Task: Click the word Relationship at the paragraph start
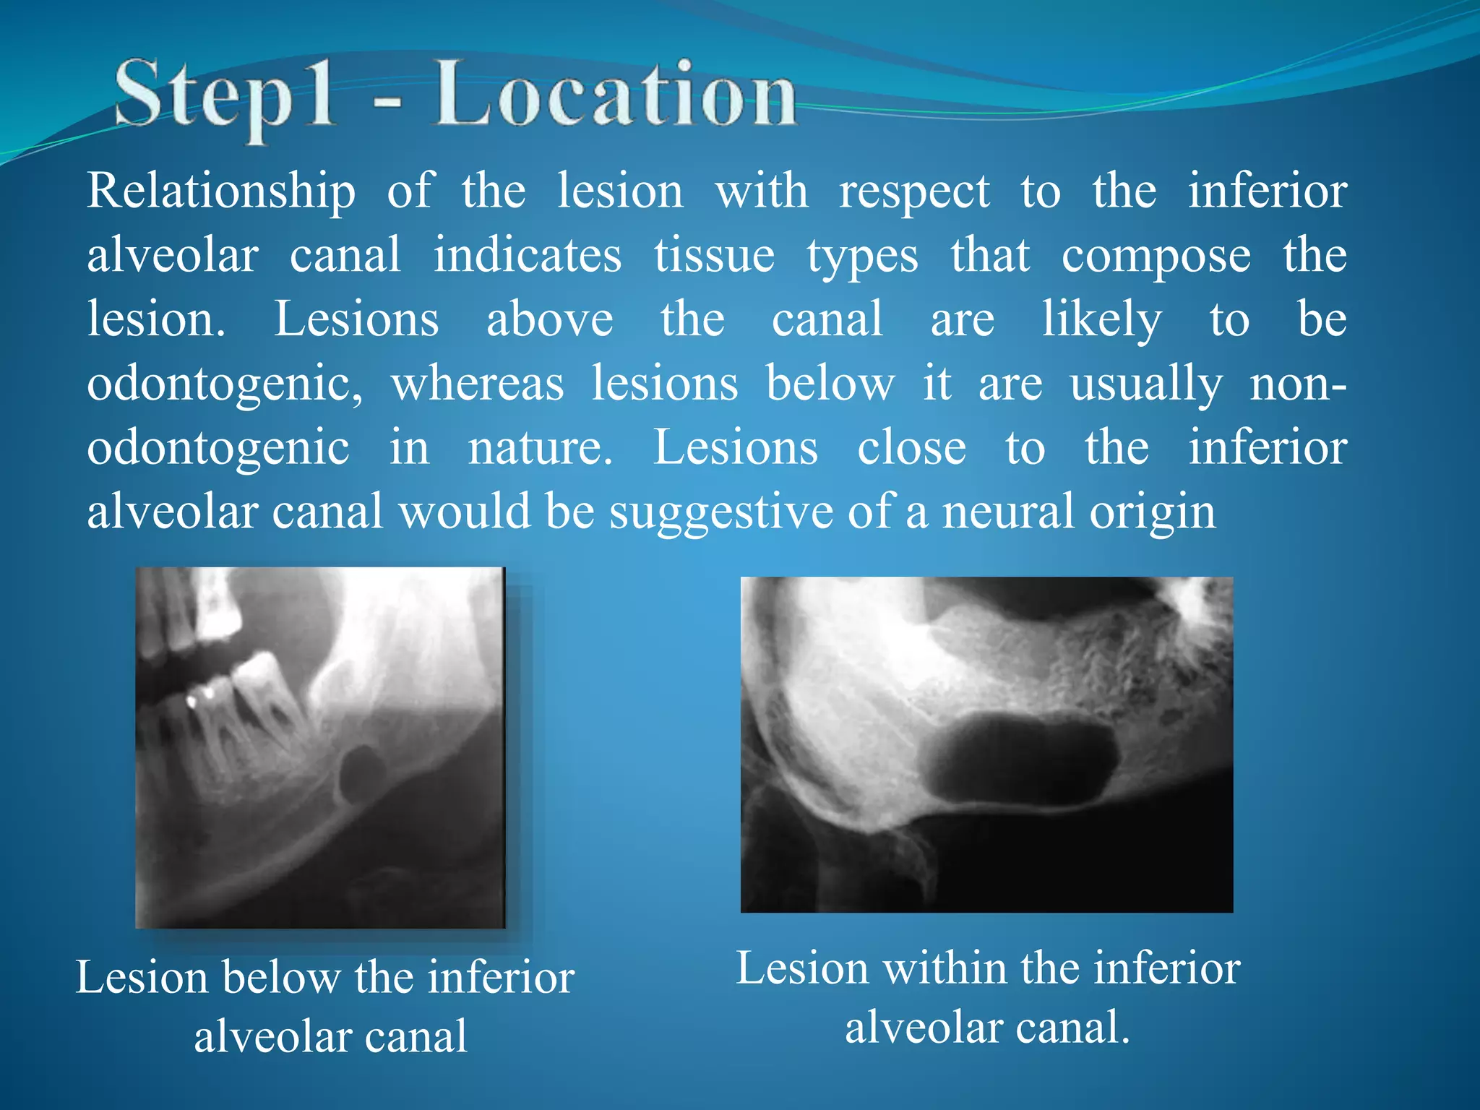(221, 192)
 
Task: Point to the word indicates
(527, 256)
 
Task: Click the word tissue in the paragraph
(714, 256)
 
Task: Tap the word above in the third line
(549, 319)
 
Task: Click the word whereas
(477, 383)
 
